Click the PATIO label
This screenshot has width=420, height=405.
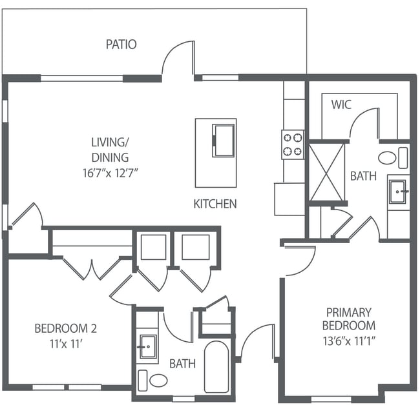121,44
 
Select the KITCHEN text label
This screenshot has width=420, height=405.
215,204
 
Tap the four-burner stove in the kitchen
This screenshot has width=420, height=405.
292,144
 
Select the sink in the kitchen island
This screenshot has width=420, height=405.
224,140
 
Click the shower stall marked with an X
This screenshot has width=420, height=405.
326,172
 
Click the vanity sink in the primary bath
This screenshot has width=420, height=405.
397,192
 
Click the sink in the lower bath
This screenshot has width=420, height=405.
147,346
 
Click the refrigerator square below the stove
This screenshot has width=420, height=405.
289,199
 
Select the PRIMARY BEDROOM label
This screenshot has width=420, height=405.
349,319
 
